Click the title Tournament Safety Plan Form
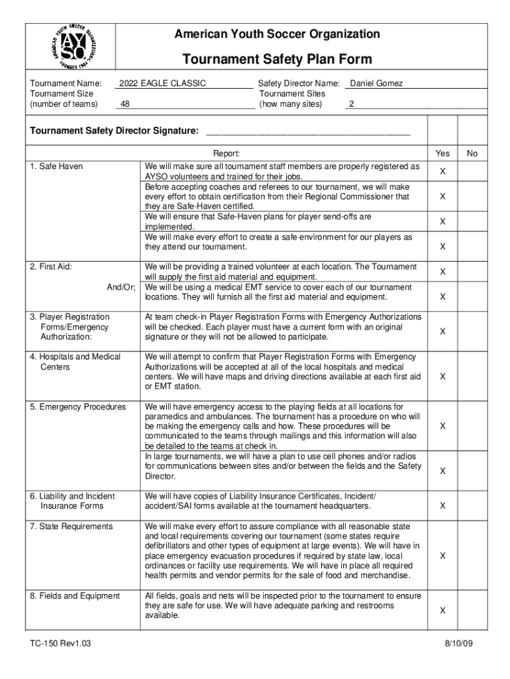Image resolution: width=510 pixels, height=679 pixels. [277, 60]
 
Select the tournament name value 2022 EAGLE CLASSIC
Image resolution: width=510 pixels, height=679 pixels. [162, 84]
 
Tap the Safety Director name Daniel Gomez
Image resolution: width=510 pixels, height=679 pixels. [376, 84]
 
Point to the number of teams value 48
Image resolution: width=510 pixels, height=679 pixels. [125, 105]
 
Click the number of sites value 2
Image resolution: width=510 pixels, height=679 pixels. [352, 105]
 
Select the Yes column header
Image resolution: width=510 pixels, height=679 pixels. [442, 154]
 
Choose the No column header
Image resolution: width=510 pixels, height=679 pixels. [472, 154]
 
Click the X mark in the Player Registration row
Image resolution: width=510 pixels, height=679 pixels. [442, 331]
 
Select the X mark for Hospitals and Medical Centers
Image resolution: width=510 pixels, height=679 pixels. [442, 376]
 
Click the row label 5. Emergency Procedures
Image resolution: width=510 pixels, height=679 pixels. [77, 406]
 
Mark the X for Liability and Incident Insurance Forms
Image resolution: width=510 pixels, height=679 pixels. [442, 506]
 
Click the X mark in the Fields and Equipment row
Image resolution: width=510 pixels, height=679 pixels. [442, 610]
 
